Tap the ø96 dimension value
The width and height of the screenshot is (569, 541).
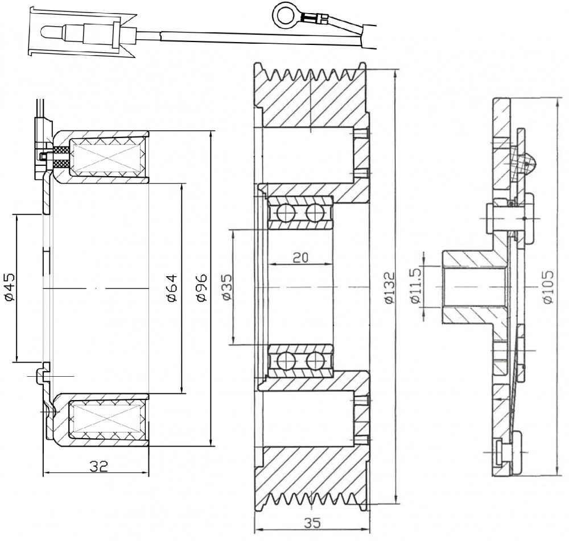[x=201, y=288]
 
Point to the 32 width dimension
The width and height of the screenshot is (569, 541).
[x=98, y=465]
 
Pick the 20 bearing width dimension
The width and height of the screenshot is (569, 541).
[x=300, y=257]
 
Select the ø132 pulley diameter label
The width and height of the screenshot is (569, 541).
[x=389, y=288]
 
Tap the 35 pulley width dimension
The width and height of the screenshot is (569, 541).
[x=312, y=523]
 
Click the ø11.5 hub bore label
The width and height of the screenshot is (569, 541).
[x=415, y=286]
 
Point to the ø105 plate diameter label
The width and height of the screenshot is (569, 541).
[x=548, y=286]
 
